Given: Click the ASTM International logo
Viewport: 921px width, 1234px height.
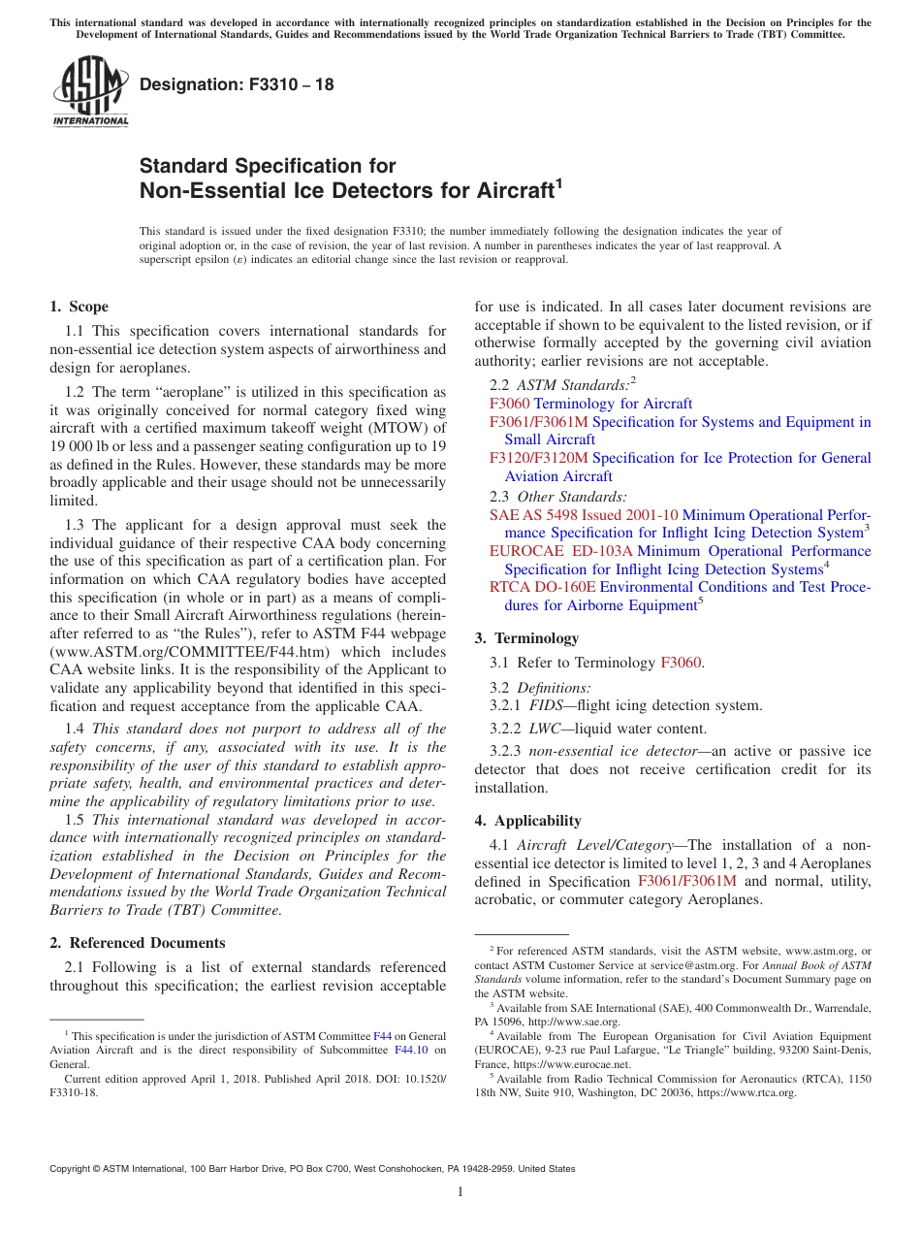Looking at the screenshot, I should click(89, 90).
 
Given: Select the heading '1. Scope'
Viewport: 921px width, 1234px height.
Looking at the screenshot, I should click(79, 307).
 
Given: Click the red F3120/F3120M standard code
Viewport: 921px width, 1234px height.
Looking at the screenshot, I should click(538, 458).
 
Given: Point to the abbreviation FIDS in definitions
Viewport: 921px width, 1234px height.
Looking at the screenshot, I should click(547, 705).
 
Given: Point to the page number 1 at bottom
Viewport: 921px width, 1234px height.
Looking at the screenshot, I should click(460, 1192).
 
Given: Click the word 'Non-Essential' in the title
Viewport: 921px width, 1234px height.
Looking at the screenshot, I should click(203, 190).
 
